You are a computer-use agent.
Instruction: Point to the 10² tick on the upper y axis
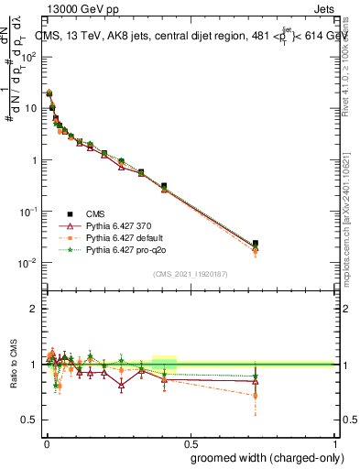coord(29,56)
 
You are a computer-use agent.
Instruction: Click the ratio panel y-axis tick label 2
coord(35,309)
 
